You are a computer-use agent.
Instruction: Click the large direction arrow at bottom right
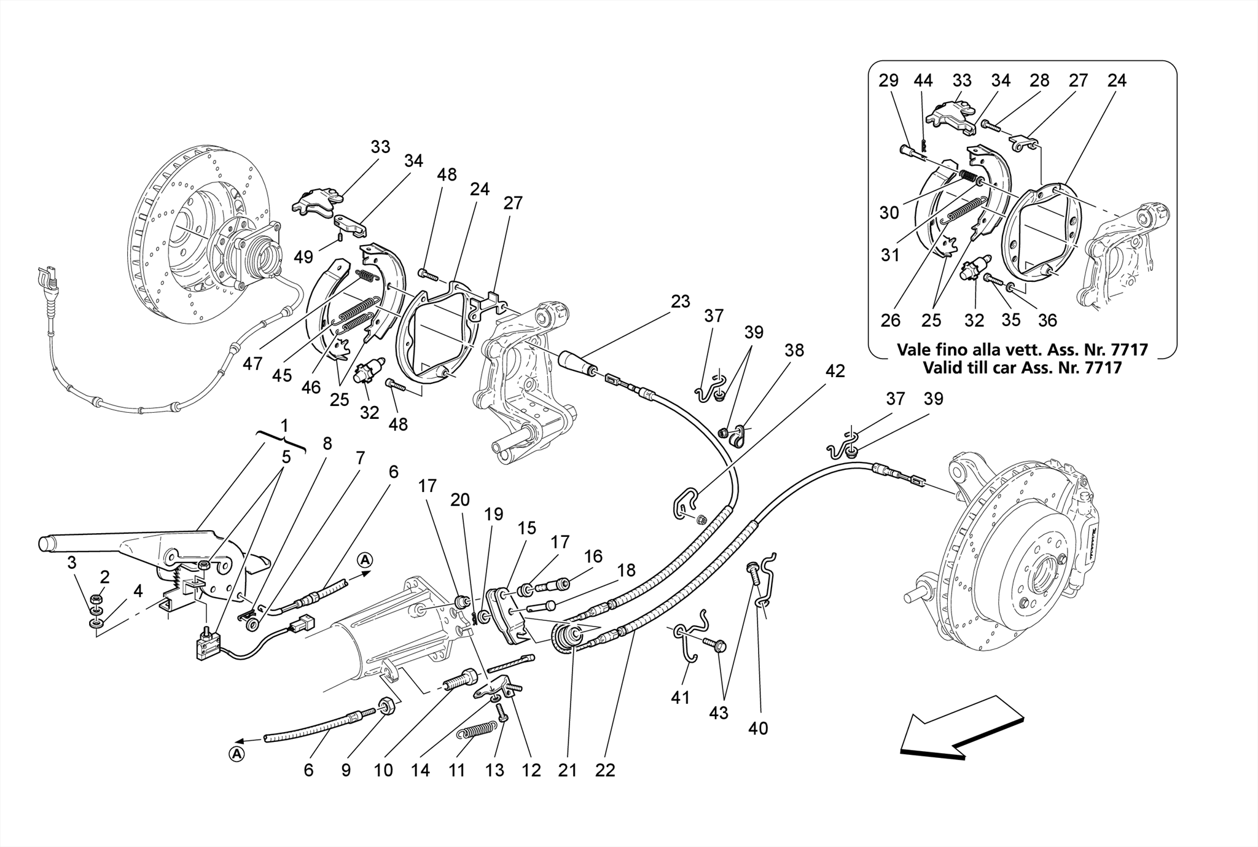tap(961, 728)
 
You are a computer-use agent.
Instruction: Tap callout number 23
tap(680, 302)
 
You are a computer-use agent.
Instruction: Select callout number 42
tap(835, 371)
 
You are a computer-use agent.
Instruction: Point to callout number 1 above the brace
tap(284, 425)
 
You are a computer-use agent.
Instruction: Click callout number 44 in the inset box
tap(923, 80)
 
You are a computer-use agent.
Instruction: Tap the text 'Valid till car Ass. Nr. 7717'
tap(1022, 368)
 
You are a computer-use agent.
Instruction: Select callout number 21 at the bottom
tap(568, 770)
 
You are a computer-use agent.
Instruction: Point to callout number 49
tap(303, 257)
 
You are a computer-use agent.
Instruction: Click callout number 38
tap(794, 350)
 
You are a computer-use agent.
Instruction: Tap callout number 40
tap(758, 728)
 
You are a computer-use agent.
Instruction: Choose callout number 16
tap(593, 556)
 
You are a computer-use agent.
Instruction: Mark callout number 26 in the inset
tap(890, 320)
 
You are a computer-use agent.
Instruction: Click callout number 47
tap(252, 364)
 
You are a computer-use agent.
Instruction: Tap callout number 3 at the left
tap(72, 562)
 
